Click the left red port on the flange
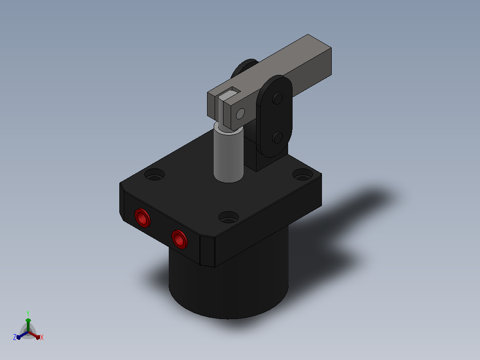(142, 218)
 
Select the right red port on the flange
(179, 239)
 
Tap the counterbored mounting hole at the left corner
(155, 175)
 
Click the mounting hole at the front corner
(228, 217)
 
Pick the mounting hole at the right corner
(303, 175)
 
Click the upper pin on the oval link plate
(277, 98)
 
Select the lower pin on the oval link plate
(277, 138)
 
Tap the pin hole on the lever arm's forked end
(240, 114)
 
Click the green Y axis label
(28, 313)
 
